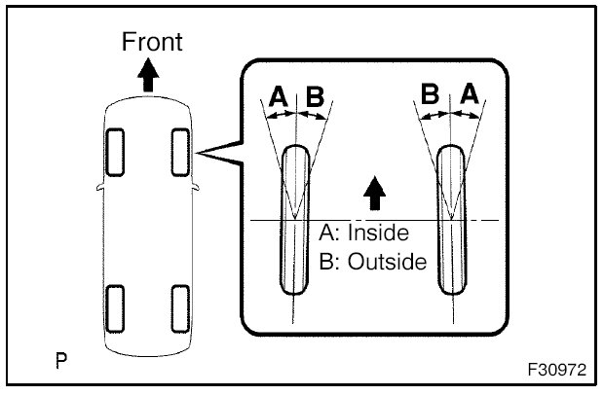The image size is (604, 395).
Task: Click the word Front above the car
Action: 151,42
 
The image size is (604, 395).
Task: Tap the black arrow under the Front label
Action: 148,75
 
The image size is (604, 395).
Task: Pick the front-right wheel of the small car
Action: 180,151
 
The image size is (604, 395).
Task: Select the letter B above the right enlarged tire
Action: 430,94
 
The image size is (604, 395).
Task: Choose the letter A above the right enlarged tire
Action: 469,94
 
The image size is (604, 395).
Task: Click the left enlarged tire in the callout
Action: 294,219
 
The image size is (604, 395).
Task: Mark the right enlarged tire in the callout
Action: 450,219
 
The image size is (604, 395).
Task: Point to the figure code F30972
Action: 555,372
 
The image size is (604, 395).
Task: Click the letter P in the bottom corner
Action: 61,363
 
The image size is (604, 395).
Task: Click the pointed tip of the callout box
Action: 199,153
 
